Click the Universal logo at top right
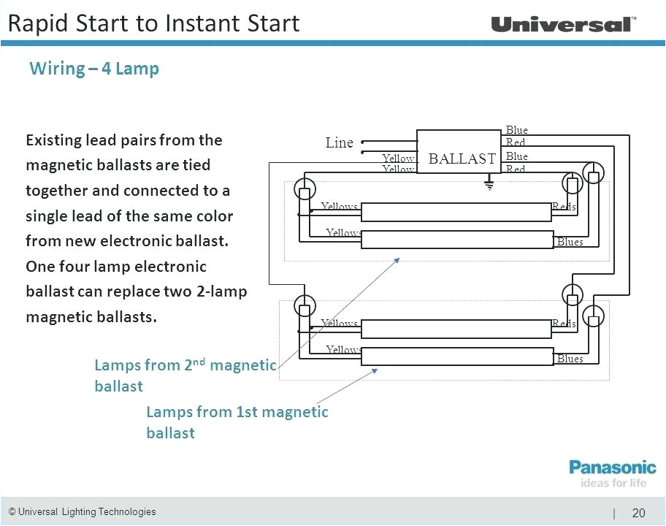coord(562,24)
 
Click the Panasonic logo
coord(612,467)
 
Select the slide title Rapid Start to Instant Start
coord(153,23)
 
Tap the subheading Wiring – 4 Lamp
coord(94,69)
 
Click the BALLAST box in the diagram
coord(461,158)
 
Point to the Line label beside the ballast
coord(339,143)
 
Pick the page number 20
coord(638,513)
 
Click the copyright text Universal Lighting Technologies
coord(82,511)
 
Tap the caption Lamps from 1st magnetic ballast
coord(237,422)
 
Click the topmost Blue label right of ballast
coord(516,130)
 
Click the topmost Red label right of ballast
coord(516,142)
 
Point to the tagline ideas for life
coord(613,482)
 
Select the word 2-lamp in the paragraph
coord(222,291)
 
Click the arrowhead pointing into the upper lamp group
coord(397,259)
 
